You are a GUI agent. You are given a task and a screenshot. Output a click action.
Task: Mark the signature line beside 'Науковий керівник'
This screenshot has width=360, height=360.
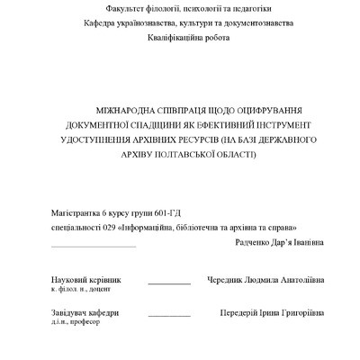(x=169, y=284)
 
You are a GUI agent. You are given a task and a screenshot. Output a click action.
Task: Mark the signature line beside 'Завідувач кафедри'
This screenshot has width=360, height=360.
(x=169, y=317)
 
